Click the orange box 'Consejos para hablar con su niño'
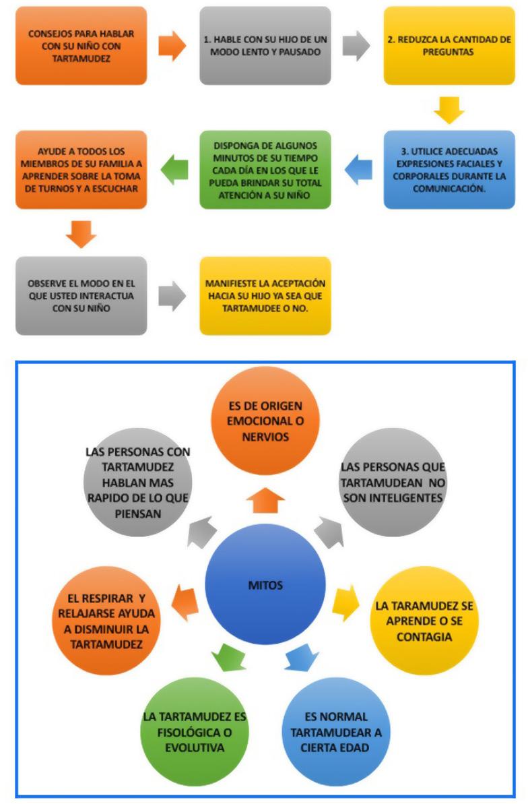81,45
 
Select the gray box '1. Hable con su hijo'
265,45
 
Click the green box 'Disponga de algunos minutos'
265,169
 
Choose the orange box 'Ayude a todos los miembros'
81,169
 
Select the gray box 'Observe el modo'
81,295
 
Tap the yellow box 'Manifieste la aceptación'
265,295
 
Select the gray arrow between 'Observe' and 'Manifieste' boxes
173,295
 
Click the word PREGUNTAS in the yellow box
449,53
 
